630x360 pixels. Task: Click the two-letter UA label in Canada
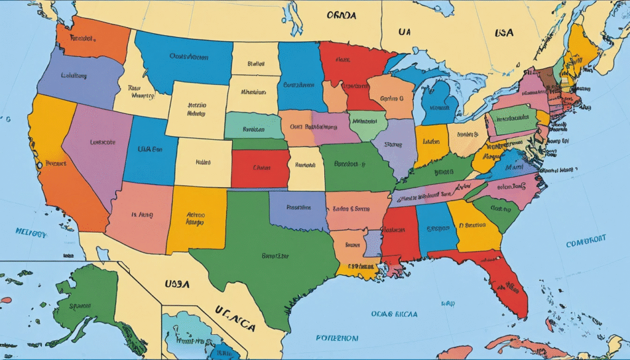404,31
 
